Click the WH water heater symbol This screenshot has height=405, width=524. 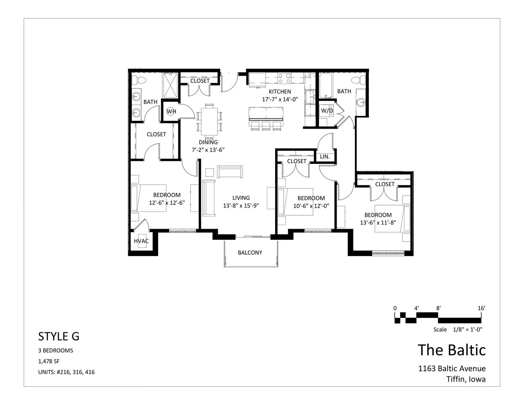pos(171,111)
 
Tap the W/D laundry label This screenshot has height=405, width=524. pos(327,111)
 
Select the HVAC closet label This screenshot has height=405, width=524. pos(141,241)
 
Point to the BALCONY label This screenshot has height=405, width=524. pos(250,252)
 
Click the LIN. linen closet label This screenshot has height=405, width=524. pos(325,156)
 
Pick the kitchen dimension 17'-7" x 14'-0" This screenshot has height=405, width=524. pos(280,99)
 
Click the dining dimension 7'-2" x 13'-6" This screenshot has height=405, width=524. pos(208,150)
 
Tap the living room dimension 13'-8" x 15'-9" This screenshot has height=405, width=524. pos(241,205)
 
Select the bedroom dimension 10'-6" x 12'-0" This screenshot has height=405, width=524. pos(311,206)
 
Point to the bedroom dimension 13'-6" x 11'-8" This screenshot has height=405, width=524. pos(378,223)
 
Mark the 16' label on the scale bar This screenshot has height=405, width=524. pos(481,308)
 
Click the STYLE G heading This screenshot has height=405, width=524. pos(58,336)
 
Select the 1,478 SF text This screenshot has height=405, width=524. pos(49,361)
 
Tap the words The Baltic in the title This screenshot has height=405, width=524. pos(452,350)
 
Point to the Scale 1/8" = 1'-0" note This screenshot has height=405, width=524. pos(458,330)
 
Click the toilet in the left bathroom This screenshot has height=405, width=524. pos(139,80)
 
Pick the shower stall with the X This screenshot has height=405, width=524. pos(171,85)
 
